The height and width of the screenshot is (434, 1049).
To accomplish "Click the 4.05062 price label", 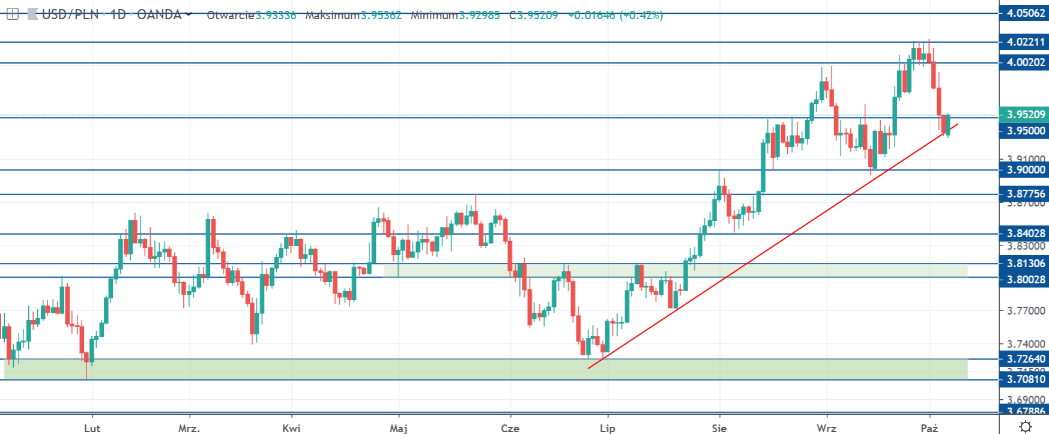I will coord(1024,13).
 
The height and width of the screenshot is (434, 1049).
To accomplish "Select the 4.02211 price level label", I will coord(1024,42).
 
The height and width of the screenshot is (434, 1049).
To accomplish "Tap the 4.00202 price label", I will coord(1024,62).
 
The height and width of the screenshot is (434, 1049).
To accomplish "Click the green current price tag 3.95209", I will coord(1024,114).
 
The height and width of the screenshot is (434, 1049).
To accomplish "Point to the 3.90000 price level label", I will coord(1024,170).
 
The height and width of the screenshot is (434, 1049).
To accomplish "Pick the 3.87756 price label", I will coord(1024,194).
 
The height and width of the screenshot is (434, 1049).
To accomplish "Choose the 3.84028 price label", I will coord(1024,234).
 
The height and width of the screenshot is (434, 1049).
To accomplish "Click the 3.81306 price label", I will coord(1024,264).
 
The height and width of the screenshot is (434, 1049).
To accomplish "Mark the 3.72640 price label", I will coord(1024,359).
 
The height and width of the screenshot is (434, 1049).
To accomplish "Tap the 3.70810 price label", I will coord(1024,379).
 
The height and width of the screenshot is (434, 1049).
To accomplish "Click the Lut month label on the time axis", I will coord(92,428).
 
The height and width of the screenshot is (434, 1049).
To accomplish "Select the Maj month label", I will coord(399,428).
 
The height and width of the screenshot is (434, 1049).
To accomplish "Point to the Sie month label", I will coord(719,428).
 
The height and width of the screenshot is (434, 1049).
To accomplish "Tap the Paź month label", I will coord(929,428).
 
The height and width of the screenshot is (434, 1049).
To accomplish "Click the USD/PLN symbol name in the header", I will coord(70,15).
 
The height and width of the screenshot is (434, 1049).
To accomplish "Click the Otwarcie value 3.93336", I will coord(276,16).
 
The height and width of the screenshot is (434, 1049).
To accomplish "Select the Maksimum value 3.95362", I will coord(381,16).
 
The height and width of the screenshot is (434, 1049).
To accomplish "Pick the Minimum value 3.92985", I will coord(479,16).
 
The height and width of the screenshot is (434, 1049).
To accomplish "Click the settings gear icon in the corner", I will coord(1026,427).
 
